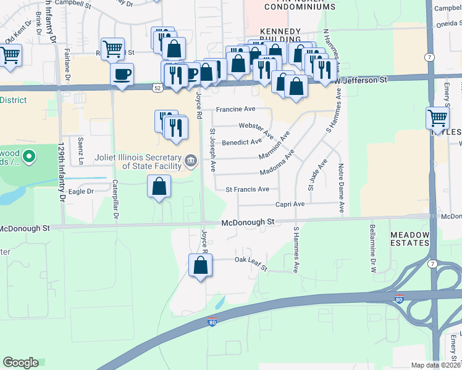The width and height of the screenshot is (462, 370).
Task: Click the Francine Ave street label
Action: click(x=235, y=109)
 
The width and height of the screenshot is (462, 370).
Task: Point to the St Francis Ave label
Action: click(x=247, y=189)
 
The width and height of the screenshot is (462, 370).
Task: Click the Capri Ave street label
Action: click(x=290, y=204)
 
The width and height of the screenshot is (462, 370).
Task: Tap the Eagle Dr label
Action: click(x=81, y=192)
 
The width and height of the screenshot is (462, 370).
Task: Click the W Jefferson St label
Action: click(x=360, y=80)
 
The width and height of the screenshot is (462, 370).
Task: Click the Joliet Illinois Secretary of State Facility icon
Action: click(x=191, y=162)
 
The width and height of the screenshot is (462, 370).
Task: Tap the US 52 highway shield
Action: click(x=159, y=88)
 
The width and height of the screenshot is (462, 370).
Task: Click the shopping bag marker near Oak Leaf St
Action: click(x=201, y=266)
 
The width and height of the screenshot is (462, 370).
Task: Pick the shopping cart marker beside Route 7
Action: click(x=437, y=118)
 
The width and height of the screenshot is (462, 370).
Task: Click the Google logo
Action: click(x=20, y=363)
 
